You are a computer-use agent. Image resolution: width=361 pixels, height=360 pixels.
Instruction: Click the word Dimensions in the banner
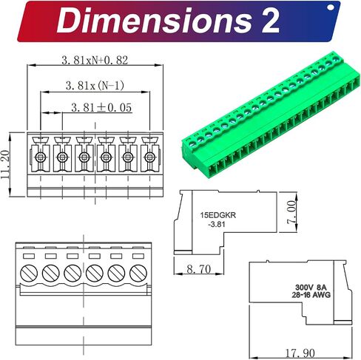(154, 21)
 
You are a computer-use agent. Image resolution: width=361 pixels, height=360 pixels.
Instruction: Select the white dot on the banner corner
(331, 7)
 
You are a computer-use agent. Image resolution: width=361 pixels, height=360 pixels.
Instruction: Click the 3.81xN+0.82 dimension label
(95, 60)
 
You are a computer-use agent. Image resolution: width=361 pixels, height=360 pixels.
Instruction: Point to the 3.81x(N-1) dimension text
(95, 85)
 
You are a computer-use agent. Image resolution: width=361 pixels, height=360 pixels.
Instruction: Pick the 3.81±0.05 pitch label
(101, 107)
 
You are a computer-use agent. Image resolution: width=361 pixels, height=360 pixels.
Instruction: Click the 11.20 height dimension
(5, 164)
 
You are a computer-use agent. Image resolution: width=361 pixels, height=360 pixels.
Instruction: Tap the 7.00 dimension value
(291, 212)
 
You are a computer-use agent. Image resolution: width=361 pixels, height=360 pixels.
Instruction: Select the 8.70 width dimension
(199, 269)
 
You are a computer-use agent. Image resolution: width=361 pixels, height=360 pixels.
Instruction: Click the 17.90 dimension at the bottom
(300, 353)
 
